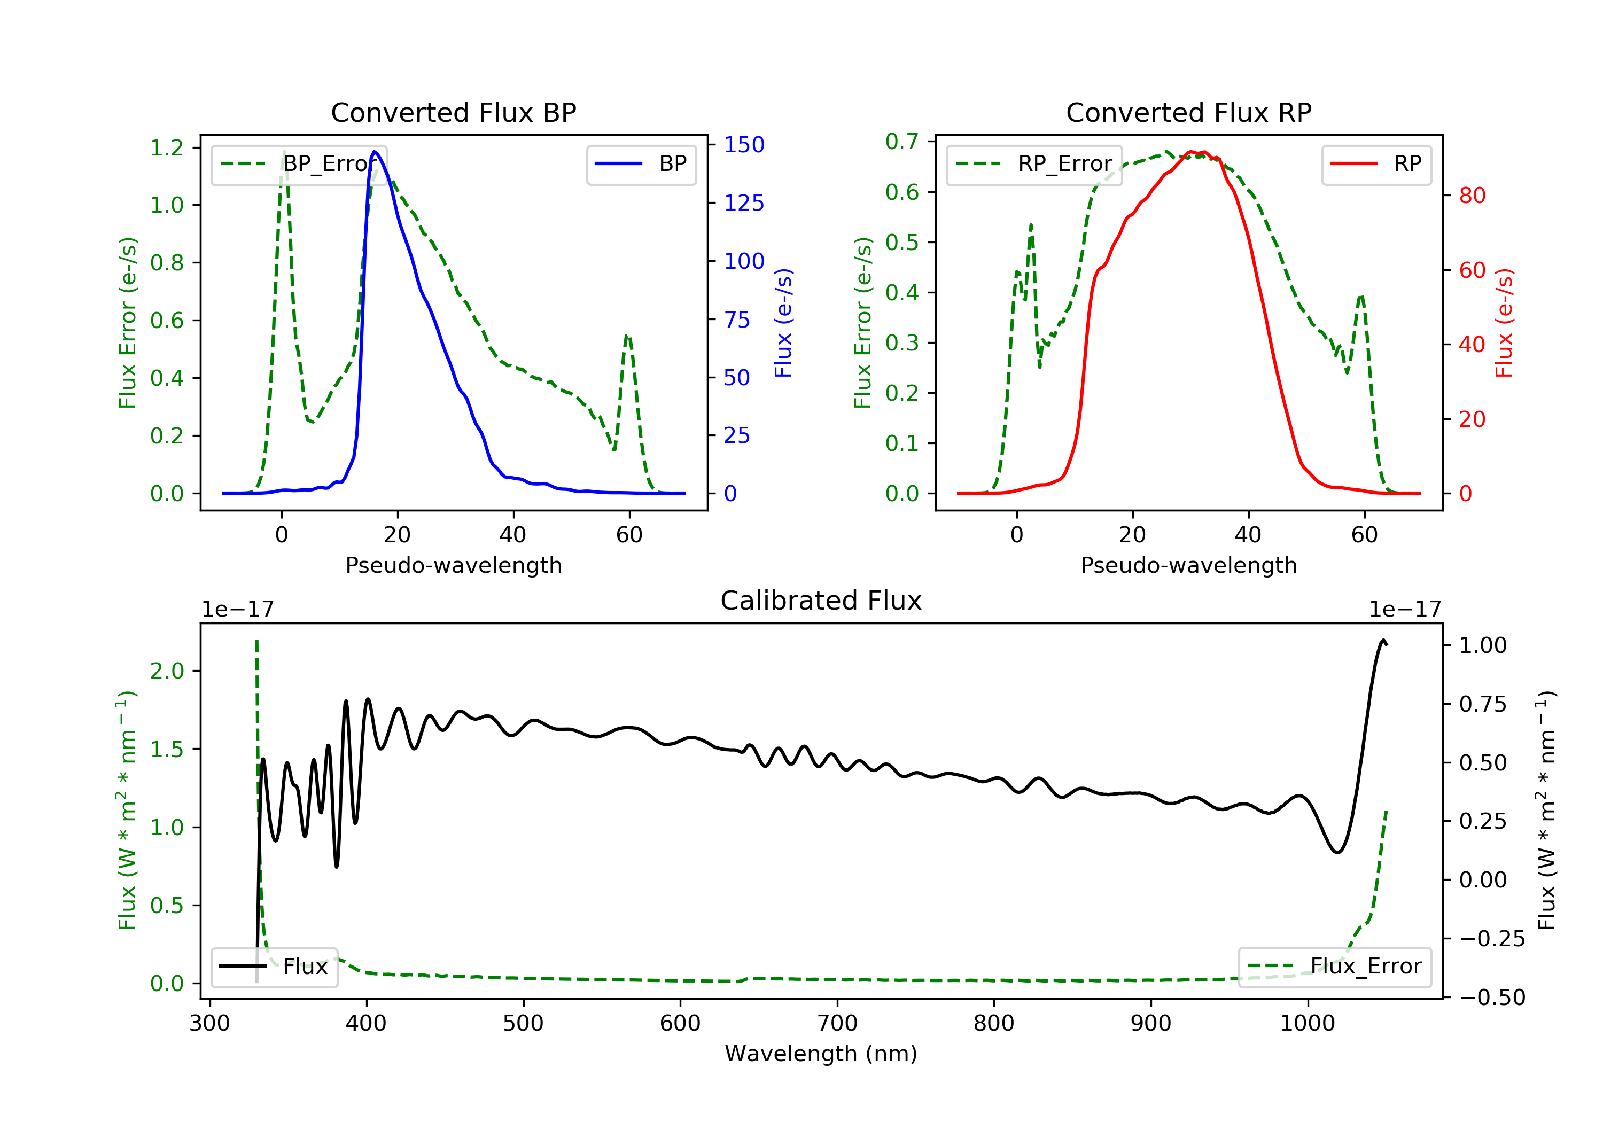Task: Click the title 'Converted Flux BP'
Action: [453, 112]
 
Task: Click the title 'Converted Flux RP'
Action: [1188, 112]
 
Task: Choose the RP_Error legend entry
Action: [1034, 164]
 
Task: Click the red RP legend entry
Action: [1376, 164]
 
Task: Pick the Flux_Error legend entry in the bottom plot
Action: [1334, 967]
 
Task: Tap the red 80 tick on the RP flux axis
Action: [1472, 196]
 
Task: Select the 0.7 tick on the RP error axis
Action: [901, 142]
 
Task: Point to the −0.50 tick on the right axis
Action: [1491, 997]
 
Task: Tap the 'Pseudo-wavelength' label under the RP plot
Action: [1188, 565]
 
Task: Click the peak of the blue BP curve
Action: [375, 152]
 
